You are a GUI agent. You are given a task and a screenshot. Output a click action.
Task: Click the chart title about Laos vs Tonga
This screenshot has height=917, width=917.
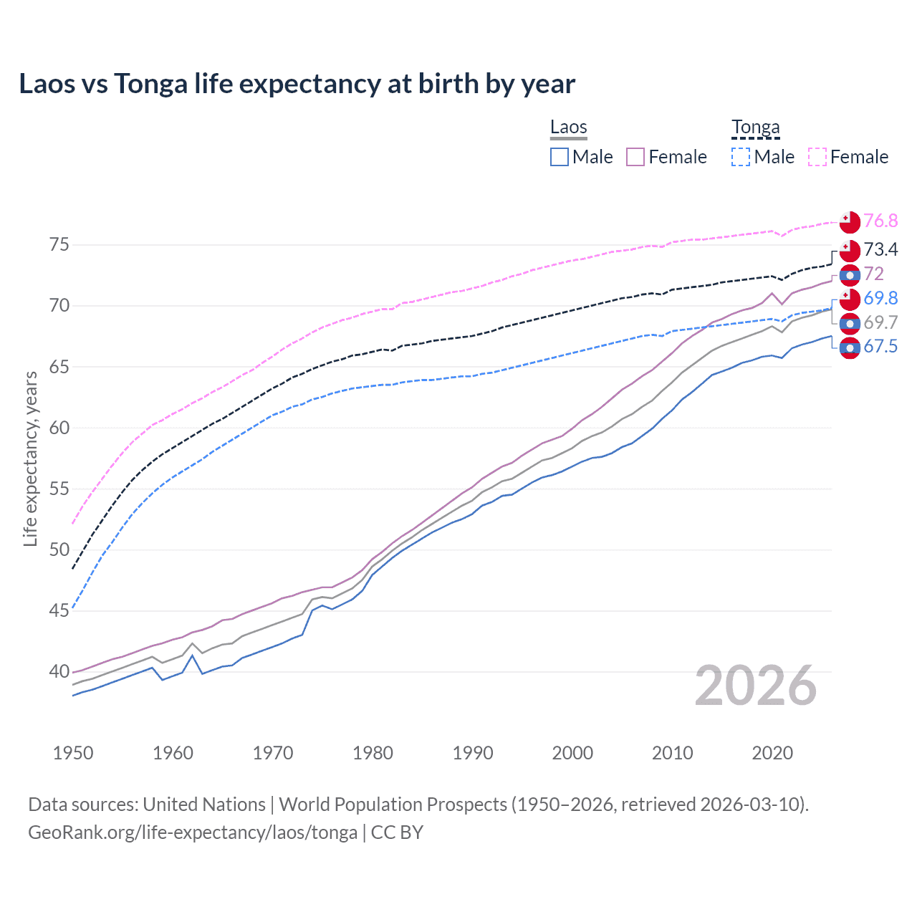[297, 84]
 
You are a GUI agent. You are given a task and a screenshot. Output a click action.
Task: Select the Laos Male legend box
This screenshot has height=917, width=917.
[560, 157]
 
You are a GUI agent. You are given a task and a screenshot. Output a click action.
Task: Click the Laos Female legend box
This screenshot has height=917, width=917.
[635, 157]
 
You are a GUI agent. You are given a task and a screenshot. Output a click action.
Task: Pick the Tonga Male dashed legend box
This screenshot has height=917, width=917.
[741, 157]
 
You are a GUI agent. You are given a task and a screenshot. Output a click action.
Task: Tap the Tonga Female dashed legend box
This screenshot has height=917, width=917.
[817, 157]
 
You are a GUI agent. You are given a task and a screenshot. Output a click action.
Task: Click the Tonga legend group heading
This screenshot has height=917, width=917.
[755, 128]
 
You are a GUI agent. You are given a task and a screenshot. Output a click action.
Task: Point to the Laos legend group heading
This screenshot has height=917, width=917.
[568, 128]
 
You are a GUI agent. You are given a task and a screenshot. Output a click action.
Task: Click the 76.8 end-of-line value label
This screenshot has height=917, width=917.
[880, 221]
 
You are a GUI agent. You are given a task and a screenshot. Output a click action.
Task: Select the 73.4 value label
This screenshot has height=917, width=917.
[880, 249]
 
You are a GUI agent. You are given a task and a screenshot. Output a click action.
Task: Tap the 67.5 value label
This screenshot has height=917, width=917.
[880, 347]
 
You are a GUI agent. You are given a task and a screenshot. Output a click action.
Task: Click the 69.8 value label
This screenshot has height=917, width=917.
[880, 298]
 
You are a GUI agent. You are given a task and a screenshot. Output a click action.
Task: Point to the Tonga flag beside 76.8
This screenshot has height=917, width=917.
[850, 222]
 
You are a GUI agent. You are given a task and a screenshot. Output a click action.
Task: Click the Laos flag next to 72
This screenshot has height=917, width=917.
[850, 275]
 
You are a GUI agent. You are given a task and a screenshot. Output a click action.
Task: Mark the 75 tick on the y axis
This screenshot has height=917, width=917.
[59, 245]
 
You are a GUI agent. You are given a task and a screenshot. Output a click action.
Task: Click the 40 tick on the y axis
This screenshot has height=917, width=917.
[59, 672]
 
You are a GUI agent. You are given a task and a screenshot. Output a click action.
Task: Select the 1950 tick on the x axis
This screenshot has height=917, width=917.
[73, 753]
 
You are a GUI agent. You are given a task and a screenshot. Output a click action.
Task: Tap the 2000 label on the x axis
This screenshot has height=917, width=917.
[572, 753]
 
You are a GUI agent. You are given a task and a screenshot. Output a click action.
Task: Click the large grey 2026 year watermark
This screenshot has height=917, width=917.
[756, 686]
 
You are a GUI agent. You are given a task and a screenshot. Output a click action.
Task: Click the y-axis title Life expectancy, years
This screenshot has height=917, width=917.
[31, 458]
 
